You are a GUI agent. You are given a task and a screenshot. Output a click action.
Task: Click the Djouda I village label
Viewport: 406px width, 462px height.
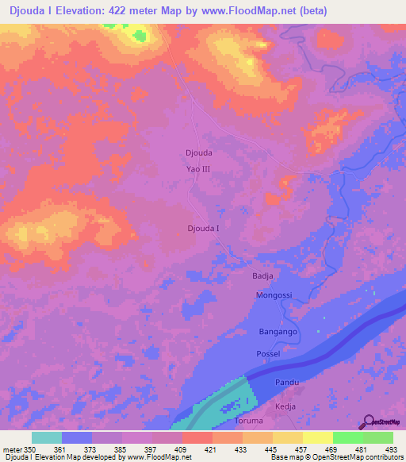(x=203, y=229)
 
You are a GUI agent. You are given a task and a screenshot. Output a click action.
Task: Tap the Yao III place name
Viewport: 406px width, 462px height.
(x=198, y=169)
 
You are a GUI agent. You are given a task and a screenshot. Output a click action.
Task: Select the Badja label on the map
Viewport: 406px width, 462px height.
(x=262, y=275)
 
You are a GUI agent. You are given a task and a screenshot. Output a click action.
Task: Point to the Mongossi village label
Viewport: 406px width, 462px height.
(x=274, y=295)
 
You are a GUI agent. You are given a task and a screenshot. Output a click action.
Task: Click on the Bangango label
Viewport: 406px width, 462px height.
(x=278, y=331)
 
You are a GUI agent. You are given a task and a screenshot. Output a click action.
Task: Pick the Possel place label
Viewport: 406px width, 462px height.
(x=268, y=352)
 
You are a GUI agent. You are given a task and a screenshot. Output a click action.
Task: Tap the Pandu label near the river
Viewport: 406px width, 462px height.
(x=286, y=383)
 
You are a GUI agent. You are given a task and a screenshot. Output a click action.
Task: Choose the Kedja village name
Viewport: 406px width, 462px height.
(x=283, y=405)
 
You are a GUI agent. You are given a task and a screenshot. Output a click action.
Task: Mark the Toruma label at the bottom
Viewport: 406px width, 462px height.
(x=253, y=420)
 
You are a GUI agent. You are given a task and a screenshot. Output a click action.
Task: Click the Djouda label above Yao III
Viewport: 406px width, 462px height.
(x=198, y=152)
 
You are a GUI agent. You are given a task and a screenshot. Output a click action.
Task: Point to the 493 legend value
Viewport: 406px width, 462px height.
(x=393, y=449)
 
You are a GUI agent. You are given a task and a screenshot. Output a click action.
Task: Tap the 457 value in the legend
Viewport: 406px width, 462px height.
(x=303, y=449)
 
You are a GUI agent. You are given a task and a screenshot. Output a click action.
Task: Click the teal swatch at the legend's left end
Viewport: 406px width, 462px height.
(x=47, y=437)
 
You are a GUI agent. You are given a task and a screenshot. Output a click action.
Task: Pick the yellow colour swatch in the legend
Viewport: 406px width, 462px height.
(x=317, y=437)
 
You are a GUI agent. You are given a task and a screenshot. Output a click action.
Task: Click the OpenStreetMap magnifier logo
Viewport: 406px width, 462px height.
(x=369, y=422)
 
